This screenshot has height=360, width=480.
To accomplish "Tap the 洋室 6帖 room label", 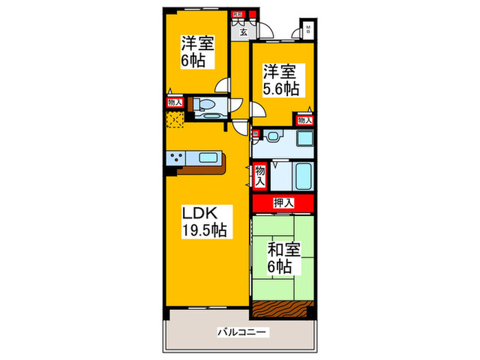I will tap(197, 51).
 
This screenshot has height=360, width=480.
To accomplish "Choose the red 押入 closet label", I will tap(283, 203).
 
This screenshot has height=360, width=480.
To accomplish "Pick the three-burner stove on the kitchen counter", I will tap(176, 158).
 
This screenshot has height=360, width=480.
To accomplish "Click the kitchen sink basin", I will tap(208, 158).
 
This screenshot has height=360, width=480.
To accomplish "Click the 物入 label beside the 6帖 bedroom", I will tap(174, 103).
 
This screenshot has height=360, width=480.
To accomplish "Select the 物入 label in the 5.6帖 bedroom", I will tap(305, 120).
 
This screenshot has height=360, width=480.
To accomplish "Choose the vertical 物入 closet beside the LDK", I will tap(260, 176).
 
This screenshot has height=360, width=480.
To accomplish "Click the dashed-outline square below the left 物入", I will tap(175, 121).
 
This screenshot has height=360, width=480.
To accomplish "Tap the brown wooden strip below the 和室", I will tap(283, 291).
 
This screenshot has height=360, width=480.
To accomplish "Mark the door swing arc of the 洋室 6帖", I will tap(222, 85).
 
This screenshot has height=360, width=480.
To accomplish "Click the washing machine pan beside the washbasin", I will tap(305, 138).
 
